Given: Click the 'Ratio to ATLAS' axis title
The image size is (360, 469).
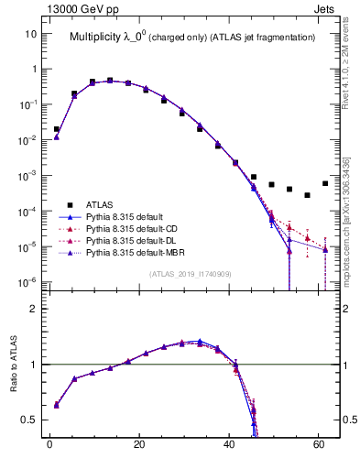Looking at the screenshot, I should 14,365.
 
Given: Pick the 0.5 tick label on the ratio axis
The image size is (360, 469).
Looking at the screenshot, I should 29,420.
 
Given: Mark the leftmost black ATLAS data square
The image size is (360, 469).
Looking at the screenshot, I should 57,129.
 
